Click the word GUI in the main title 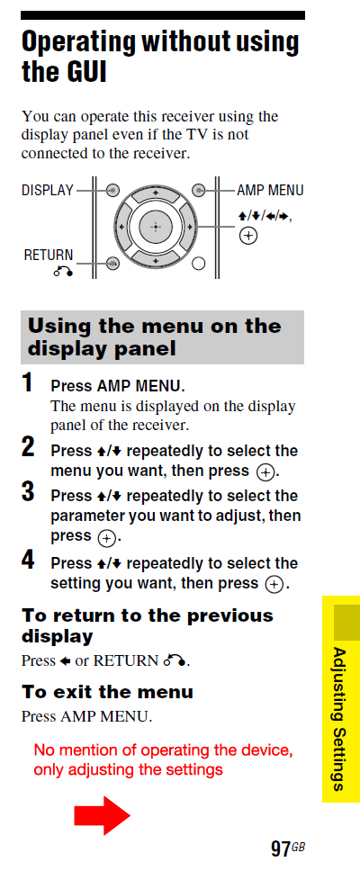click(84, 72)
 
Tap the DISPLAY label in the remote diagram click(47, 190)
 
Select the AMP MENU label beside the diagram click(270, 190)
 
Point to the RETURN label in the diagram click(49, 255)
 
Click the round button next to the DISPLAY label click(112, 191)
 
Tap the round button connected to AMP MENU click(200, 190)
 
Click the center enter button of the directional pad click(156, 227)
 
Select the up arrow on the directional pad click(156, 193)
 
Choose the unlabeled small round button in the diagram click(199, 265)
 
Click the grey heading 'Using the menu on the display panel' click(162, 337)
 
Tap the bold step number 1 click(28, 383)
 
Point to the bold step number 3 click(28, 492)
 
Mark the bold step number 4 click(28, 560)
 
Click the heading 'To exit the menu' click(107, 692)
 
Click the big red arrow click(102, 814)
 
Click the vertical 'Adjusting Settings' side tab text click(339, 718)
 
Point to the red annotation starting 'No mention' click(163, 759)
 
